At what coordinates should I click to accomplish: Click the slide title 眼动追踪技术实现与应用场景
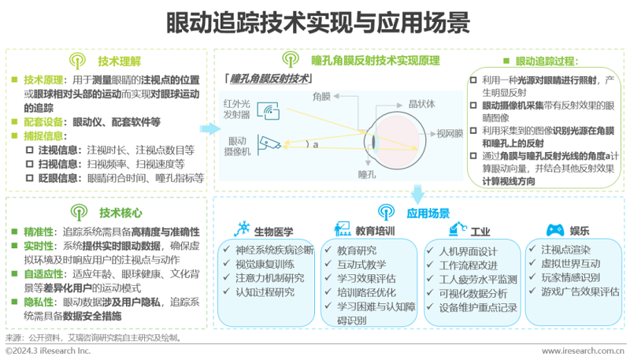[315, 19]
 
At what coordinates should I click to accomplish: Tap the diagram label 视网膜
[449, 133]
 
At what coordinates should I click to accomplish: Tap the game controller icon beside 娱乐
[556, 231]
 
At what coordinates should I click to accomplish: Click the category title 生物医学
[272, 232]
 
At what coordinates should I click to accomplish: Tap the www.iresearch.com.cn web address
[583, 349]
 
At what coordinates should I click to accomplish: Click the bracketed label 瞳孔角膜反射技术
[267, 78]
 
